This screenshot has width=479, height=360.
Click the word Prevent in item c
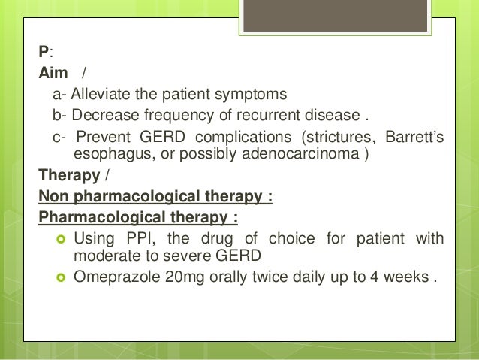pyautogui.click(x=106, y=138)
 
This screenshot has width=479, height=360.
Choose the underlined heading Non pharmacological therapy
pyautogui.click(x=155, y=198)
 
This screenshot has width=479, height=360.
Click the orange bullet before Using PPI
pyautogui.click(x=59, y=239)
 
